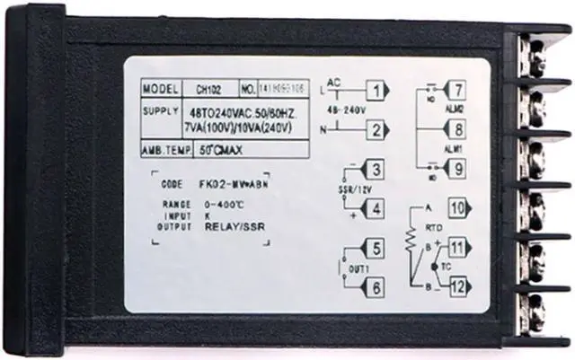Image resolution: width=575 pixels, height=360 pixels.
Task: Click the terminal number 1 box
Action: [x=378, y=90]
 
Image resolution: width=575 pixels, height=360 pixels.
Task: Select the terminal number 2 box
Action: [x=378, y=130]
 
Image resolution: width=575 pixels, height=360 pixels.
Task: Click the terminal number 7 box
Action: [x=457, y=90]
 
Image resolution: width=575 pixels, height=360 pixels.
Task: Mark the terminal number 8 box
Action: [x=457, y=129]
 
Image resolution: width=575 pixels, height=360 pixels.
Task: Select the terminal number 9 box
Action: [x=457, y=168]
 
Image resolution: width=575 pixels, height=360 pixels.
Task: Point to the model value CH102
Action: [x=208, y=90]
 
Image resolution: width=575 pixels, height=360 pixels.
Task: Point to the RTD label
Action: [x=432, y=228]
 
